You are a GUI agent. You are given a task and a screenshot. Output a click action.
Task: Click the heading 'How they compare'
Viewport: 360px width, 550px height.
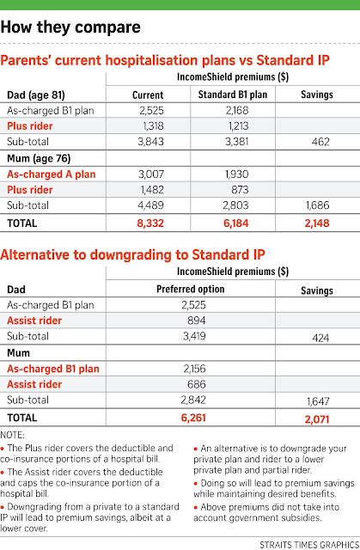click(x=70, y=27)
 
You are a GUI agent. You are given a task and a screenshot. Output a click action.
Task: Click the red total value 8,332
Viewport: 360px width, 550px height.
click(x=150, y=223)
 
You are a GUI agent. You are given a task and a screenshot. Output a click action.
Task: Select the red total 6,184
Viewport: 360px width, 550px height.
click(x=236, y=223)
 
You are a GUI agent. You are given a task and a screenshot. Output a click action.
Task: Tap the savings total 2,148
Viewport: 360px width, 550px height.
click(x=317, y=223)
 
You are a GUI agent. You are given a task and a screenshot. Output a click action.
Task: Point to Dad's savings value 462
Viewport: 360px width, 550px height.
click(x=320, y=142)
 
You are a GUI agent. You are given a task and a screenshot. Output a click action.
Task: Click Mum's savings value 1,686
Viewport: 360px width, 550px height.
click(x=317, y=205)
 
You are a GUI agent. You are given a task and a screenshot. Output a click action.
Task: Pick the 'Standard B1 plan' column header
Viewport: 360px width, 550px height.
click(x=233, y=95)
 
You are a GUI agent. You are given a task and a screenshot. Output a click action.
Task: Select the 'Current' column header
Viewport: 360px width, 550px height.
click(x=148, y=95)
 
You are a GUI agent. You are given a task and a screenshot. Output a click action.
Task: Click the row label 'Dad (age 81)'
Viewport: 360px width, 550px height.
click(x=36, y=95)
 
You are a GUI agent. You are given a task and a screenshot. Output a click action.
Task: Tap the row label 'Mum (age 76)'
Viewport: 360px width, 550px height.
click(x=39, y=158)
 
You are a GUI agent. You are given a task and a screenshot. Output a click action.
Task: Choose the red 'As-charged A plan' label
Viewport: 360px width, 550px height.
click(x=52, y=174)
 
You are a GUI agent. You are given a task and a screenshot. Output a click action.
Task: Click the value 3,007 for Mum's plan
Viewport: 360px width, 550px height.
click(x=150, y=174)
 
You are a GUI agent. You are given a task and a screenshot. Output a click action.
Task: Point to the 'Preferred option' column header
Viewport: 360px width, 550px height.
click(x=191, y=289)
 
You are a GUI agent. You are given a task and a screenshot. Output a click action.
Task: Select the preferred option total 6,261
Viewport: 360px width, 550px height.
click(x=193, y=418)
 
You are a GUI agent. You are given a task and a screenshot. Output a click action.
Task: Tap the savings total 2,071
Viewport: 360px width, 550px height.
click(x=317, y=419)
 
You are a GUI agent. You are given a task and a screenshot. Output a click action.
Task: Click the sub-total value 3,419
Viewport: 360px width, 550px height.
click(x=194, y=336)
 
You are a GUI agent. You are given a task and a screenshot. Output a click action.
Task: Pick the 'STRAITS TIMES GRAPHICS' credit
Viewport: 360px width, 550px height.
click(x=309, y=545)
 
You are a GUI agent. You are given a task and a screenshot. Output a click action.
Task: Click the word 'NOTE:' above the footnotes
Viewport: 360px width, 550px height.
click(x=12, y=436)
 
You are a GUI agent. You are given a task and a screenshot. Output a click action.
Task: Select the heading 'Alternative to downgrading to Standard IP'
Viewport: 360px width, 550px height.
click(x=132, y=254)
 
